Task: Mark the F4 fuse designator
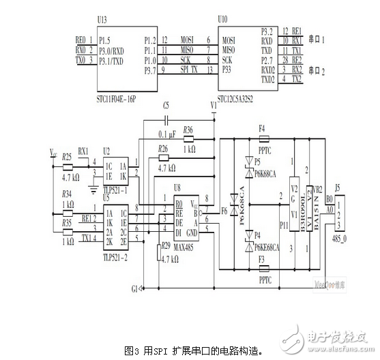263,127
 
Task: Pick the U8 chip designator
177,186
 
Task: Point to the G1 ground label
134,288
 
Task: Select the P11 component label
284,222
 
